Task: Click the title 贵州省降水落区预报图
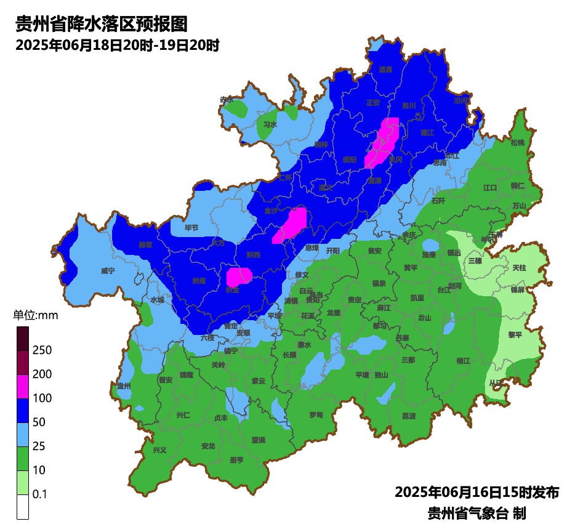click(100, 25)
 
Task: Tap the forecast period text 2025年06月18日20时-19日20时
click(117, 46)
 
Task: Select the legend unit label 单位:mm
click(35, 316)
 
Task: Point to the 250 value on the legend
click(42, 350)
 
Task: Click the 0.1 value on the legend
click(40, 494)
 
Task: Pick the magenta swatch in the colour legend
click(23, 386)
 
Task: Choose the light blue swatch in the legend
click(23, 434)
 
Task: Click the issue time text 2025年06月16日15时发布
click(477, 493)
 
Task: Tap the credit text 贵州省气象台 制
click(477, 513)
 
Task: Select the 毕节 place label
click(192, 228)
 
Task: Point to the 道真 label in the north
click(385, 70)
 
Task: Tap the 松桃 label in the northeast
click(518, 143)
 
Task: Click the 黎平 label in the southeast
click(515, 334)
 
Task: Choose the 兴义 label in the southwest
click(159, 449)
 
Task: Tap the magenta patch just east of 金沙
click(294, 224)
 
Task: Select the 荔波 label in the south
click(409, 416)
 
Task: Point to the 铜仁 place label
click(518, 185)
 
